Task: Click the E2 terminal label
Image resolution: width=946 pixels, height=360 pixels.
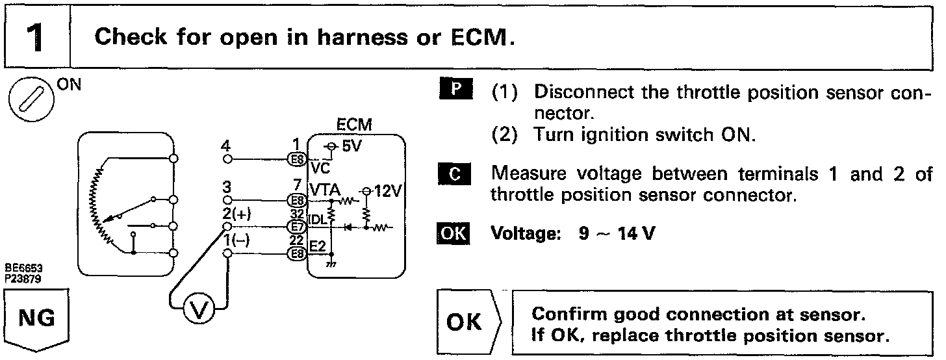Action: [318, 246]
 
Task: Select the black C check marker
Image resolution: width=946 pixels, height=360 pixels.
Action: [459, 174]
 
